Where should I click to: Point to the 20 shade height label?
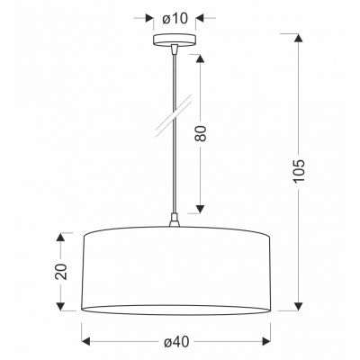[x=61, y=271]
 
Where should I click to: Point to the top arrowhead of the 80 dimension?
[x=200, y=53]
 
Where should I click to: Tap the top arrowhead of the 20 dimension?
[x=61, y=236]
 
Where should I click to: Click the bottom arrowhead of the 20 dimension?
[x=61, y=306]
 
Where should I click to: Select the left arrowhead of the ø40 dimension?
[x=86, y=340]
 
